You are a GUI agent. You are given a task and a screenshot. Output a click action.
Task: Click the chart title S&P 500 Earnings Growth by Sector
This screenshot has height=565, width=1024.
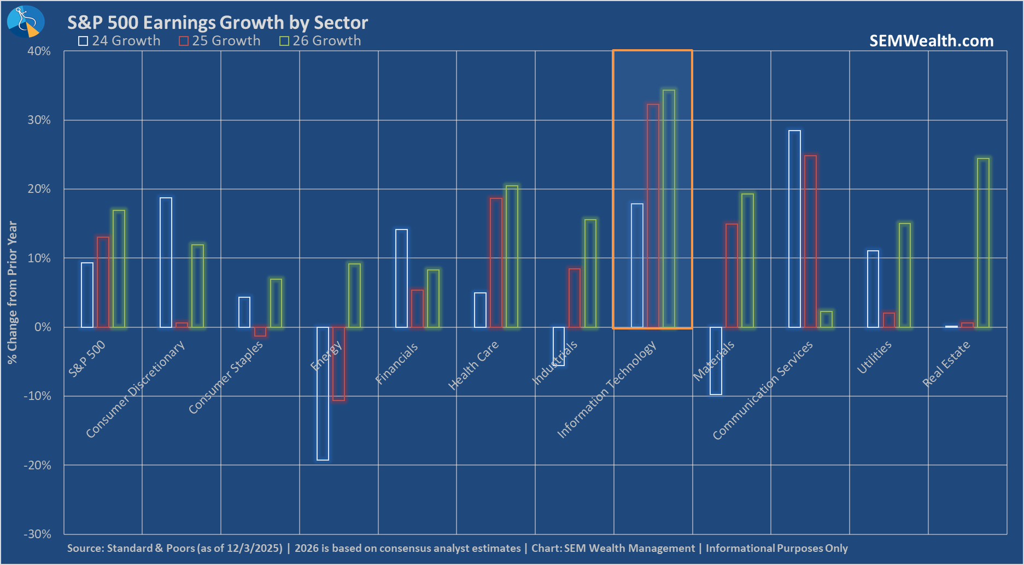[218, 22]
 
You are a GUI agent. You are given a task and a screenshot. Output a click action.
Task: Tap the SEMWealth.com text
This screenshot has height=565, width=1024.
[931, 41]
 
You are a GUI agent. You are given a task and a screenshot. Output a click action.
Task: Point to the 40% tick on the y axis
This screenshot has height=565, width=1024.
[39, 51]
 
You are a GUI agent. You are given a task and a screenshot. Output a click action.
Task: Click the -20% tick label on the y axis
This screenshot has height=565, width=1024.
[37, 465]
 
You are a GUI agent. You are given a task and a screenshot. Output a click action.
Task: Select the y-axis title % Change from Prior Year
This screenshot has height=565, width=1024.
[12, 292]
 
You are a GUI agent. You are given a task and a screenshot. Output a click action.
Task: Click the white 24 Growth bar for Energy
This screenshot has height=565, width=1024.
[323, 393]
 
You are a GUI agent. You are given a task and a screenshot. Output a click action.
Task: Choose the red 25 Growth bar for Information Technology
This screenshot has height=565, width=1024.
[653, 216]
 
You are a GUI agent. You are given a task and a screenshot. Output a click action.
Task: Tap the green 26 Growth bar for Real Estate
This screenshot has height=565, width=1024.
[983, 243]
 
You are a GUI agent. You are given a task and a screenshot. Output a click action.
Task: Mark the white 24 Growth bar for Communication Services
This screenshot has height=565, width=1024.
[794, 229]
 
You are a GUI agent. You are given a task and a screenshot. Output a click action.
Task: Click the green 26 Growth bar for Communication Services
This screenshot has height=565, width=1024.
[826, 320]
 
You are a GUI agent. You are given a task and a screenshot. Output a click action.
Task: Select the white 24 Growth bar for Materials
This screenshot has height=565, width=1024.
[716, 361]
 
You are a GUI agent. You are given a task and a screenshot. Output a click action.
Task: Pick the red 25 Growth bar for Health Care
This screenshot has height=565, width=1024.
[496, 263]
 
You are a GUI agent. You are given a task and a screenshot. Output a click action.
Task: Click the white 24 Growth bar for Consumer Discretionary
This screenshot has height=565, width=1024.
[166, 263]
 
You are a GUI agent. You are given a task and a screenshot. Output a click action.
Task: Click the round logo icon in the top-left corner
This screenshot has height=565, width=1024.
[25, 22]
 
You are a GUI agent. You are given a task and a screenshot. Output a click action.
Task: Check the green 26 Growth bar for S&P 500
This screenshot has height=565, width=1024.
[119, 269]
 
